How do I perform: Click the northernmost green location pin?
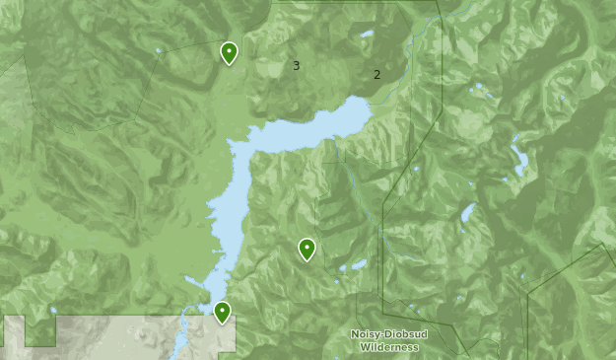point(229,51)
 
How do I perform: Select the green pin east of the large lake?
point(307,249)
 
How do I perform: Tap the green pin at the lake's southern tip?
point(223,312)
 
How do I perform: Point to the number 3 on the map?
point(296,66)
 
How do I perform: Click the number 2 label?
point(376,74)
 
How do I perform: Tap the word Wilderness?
point(388,347)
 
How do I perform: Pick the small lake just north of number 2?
point(367,35)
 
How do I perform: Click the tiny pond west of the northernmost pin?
point(159,50)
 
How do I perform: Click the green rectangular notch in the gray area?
point(39,330)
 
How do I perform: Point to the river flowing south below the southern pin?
point(183,335)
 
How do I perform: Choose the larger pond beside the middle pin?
point(356,264)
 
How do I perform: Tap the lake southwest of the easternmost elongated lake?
point(467,212)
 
